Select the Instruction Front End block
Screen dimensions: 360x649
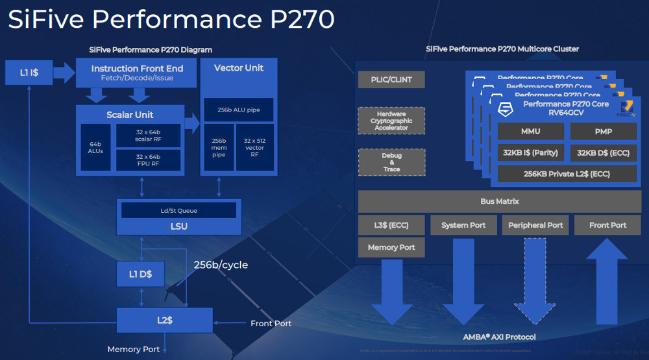(x=137, y=73)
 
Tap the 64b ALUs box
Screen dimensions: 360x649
(x=95, y=147)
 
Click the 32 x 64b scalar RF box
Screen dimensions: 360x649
(x=148, y=135)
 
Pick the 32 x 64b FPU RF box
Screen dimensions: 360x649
(x=148, y=160)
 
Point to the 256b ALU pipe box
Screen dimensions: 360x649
(x=238, y=110)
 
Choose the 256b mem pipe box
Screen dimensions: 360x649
(x=219, y=147)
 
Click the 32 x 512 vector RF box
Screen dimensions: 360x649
(x=255, y=147)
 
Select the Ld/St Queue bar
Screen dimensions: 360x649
(x=178, y=210)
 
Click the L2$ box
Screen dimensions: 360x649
(x=165, y=320)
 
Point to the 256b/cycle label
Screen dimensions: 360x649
(x=221, y=265)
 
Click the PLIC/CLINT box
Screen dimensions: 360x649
(x=391, y=80)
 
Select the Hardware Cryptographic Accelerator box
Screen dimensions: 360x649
(x=391, y=121)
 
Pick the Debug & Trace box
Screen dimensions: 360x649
(x=391, y=162)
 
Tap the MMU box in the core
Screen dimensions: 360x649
(x=530, y=131)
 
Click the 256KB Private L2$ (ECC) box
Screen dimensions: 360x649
(x=567, y=174)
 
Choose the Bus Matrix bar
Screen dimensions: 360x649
(x=499, y=202)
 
